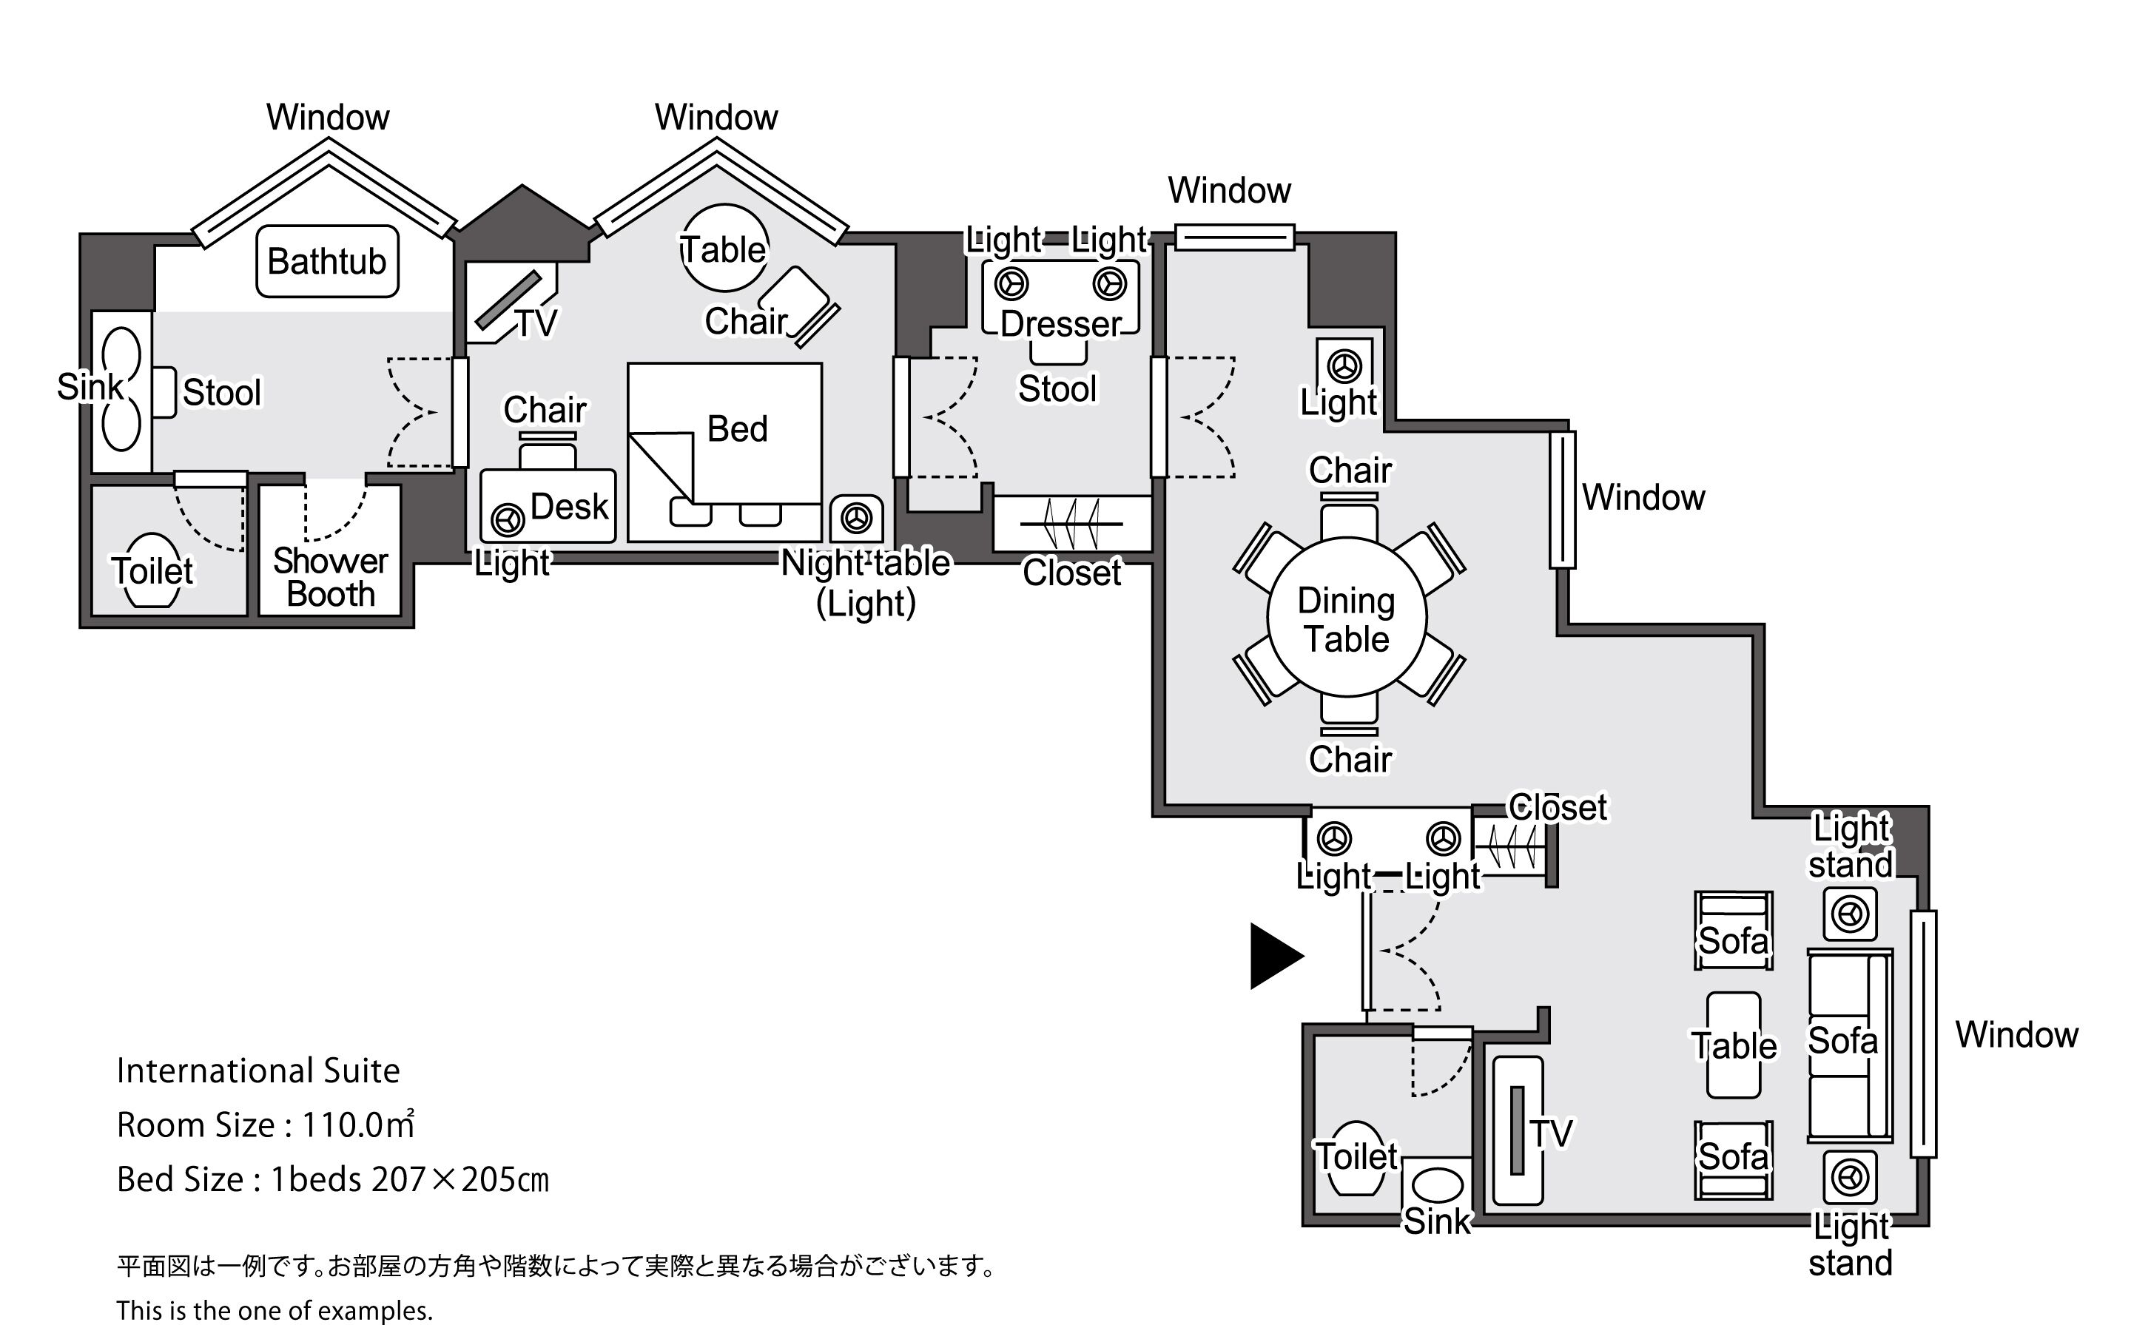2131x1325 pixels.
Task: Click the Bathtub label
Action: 327,261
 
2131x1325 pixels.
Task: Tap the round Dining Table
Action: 1347,618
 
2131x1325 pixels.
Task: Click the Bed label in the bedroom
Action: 737,429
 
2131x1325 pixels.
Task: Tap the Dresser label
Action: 1060,324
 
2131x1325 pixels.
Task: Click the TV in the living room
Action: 1518,1130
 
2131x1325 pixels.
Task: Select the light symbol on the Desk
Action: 508,519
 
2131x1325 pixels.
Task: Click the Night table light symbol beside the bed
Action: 856,518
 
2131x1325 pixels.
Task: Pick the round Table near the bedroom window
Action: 724,249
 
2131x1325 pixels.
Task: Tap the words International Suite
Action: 258,1071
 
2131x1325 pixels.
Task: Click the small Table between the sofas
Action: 1733,1045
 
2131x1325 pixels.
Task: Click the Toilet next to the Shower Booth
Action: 152,570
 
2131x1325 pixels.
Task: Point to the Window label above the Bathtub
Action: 328,117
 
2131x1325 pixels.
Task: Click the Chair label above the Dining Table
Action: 1350,471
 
